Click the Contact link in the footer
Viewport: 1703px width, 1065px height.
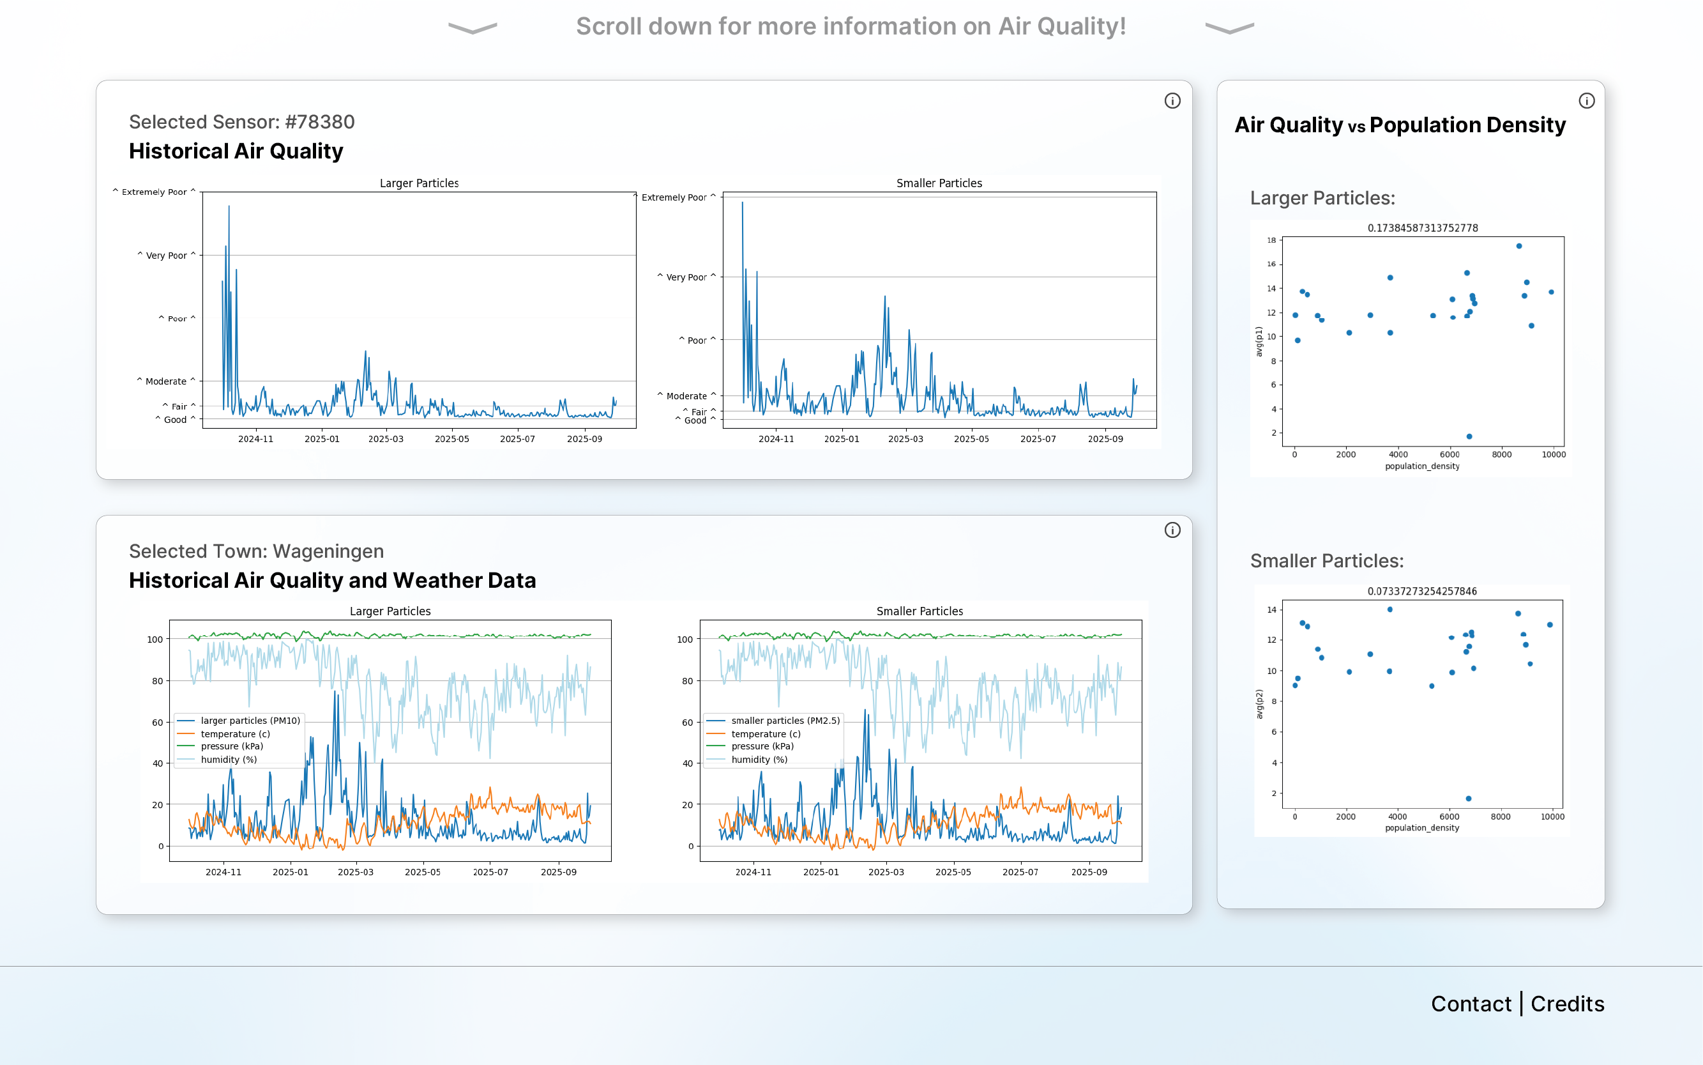coord(1471,1004)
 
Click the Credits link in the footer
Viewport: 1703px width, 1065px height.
coord(1567,1004)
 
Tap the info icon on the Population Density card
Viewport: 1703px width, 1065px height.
coord(1587,101)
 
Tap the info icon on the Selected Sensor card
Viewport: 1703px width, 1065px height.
coord(1172,101)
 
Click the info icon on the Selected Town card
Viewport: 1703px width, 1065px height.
coord(1172,530)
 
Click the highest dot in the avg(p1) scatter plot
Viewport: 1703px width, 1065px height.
coord(1519,246)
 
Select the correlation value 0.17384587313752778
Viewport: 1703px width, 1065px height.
coord(1423,228)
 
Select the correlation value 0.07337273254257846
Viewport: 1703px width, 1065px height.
coord(1422,591)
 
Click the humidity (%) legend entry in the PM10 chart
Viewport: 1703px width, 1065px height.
coord(229,760)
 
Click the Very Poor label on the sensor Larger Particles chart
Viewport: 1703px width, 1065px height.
coord(166,256)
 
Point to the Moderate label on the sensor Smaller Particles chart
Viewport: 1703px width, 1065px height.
coord(686,396)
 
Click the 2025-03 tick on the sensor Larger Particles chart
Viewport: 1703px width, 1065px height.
coord(386,439)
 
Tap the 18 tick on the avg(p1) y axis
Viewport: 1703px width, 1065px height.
coord(1271,240)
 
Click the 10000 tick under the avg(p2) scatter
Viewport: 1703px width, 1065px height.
coord(1552,817)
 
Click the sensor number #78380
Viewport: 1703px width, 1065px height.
coord(320,122)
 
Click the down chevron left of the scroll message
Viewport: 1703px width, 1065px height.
coord(473,28)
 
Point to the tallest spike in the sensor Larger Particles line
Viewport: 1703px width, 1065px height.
coord(229,206)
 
